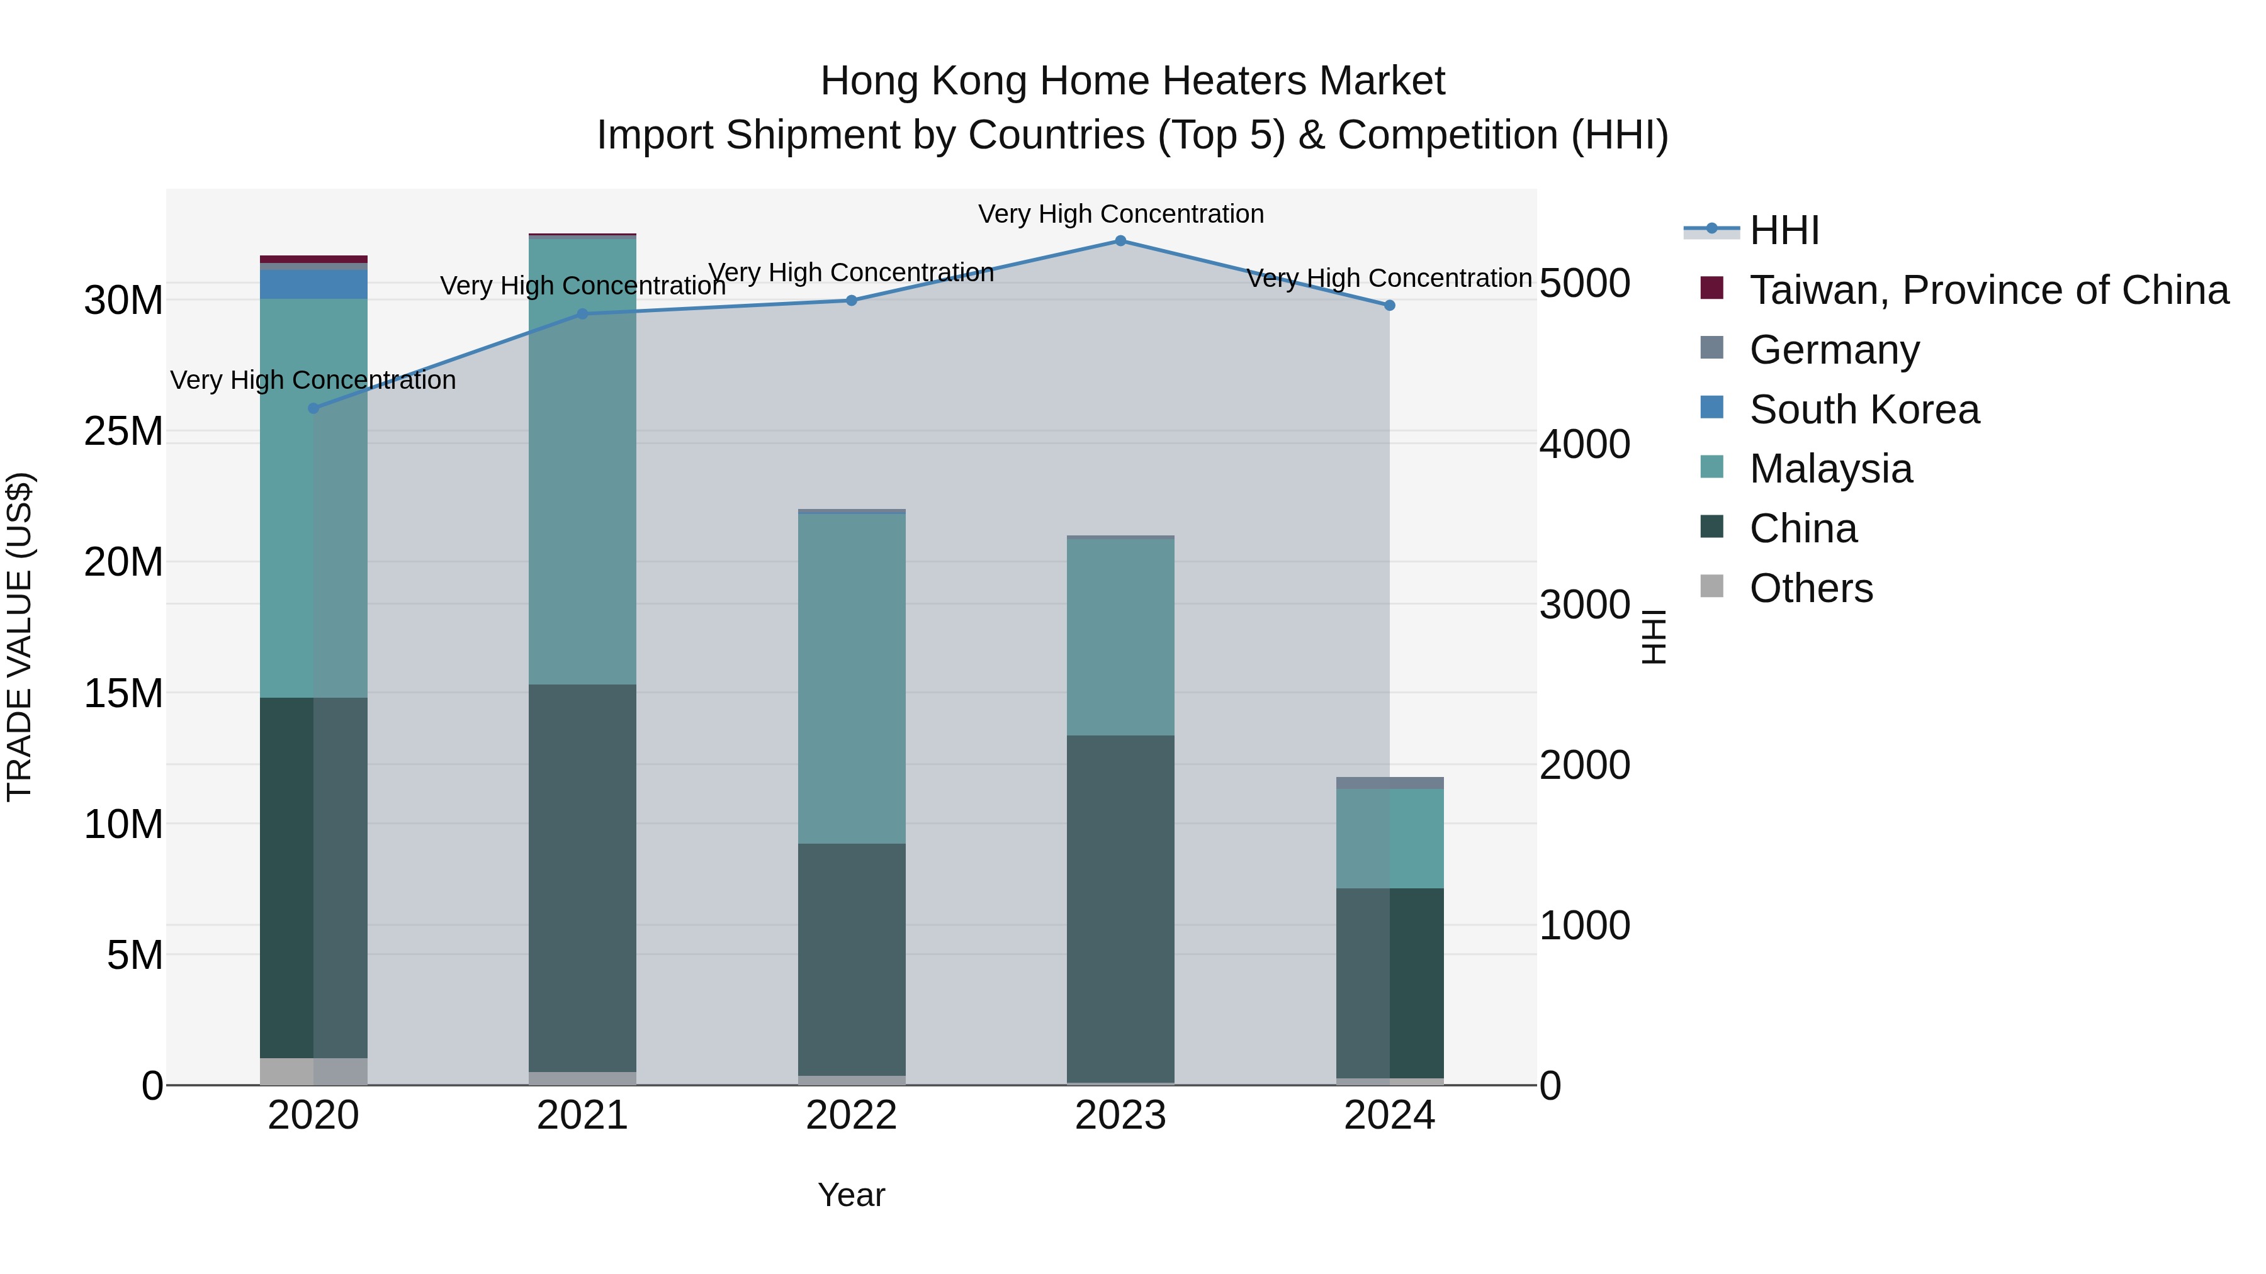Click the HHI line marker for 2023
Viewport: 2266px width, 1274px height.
(1120, 240)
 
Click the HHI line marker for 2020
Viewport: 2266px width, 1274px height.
(313, 408)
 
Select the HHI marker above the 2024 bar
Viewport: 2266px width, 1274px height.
(1389, 305)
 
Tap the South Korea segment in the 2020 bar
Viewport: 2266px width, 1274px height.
(313, 284)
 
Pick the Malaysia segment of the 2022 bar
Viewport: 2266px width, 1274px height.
(850, 678)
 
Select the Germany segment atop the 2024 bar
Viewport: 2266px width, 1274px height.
(1389, 783)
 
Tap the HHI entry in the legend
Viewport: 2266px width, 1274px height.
(1783, 230)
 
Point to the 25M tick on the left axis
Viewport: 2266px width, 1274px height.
(123, 431)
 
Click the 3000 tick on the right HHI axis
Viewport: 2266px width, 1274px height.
(1584, 604)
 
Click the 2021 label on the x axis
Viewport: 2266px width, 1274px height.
(582, 1115)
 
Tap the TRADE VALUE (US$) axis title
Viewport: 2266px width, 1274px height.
(20, 637)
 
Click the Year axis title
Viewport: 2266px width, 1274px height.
(850, 1195)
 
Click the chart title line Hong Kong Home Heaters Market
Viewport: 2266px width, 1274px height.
(1132, 81)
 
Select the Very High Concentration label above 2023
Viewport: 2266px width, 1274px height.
(1120, 214)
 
